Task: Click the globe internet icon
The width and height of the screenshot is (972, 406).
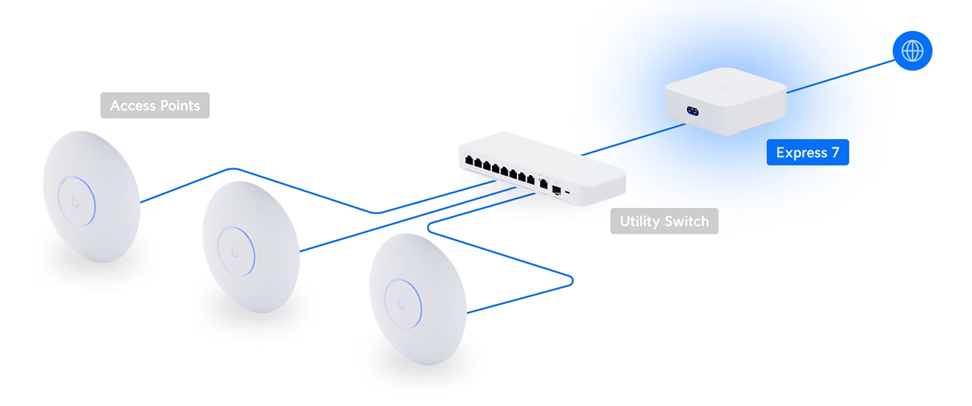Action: (x=912, y=51)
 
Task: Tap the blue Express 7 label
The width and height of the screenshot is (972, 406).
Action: (x=808, y=153)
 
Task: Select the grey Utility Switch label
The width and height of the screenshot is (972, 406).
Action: (x=664, y=221)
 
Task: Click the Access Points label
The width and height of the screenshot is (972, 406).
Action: (x=155, y=105)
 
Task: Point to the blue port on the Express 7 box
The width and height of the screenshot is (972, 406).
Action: (x=692, y=111)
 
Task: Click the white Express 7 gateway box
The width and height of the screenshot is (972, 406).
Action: (x=725, y=101)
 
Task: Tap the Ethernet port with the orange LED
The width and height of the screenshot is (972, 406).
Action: (x=544, y=182)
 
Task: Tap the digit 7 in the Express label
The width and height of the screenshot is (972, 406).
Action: (x=834, y=153)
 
